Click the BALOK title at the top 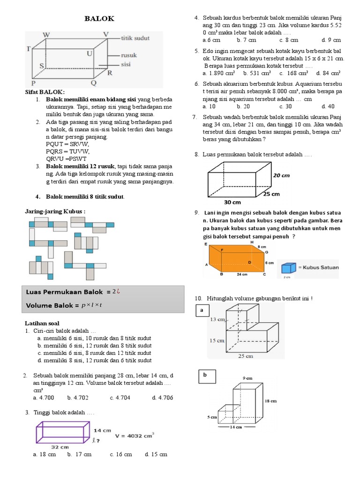point(99,18)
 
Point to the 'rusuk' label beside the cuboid point(129,55)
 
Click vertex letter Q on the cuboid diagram point(93,83)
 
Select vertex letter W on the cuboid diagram point(46,35)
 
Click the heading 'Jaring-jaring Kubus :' point(55,211)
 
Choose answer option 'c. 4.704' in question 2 point(120,397)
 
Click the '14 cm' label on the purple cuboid point(103,429)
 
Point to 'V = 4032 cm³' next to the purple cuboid point(135,435)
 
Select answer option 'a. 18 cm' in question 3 point(45,454)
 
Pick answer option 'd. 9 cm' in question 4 point(331,40)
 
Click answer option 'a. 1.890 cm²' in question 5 point(219,73)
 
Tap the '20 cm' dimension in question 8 point(281,175)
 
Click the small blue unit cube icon point(286,268)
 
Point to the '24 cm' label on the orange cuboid point(243,275)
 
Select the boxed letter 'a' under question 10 point(202,310)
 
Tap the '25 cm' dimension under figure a point(246,356)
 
